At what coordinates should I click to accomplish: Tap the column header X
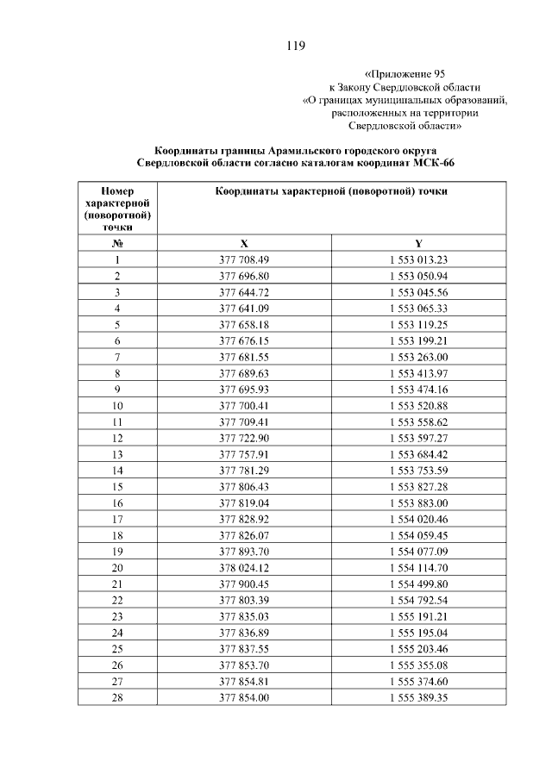[244, 243]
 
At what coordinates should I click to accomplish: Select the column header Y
[417, 243]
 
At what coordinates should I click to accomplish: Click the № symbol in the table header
[116, 243]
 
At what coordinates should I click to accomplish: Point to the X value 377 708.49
[244, 259]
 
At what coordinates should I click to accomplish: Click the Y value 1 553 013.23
[417, 259]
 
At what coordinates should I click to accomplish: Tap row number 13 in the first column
[116, 454]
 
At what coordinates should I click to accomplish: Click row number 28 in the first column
[116, 697]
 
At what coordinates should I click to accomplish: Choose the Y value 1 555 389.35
[417, 697]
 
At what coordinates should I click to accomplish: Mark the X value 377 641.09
[244, 308]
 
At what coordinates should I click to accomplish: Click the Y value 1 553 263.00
[417, 357]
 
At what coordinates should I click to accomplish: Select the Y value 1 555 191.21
[417, 616]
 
